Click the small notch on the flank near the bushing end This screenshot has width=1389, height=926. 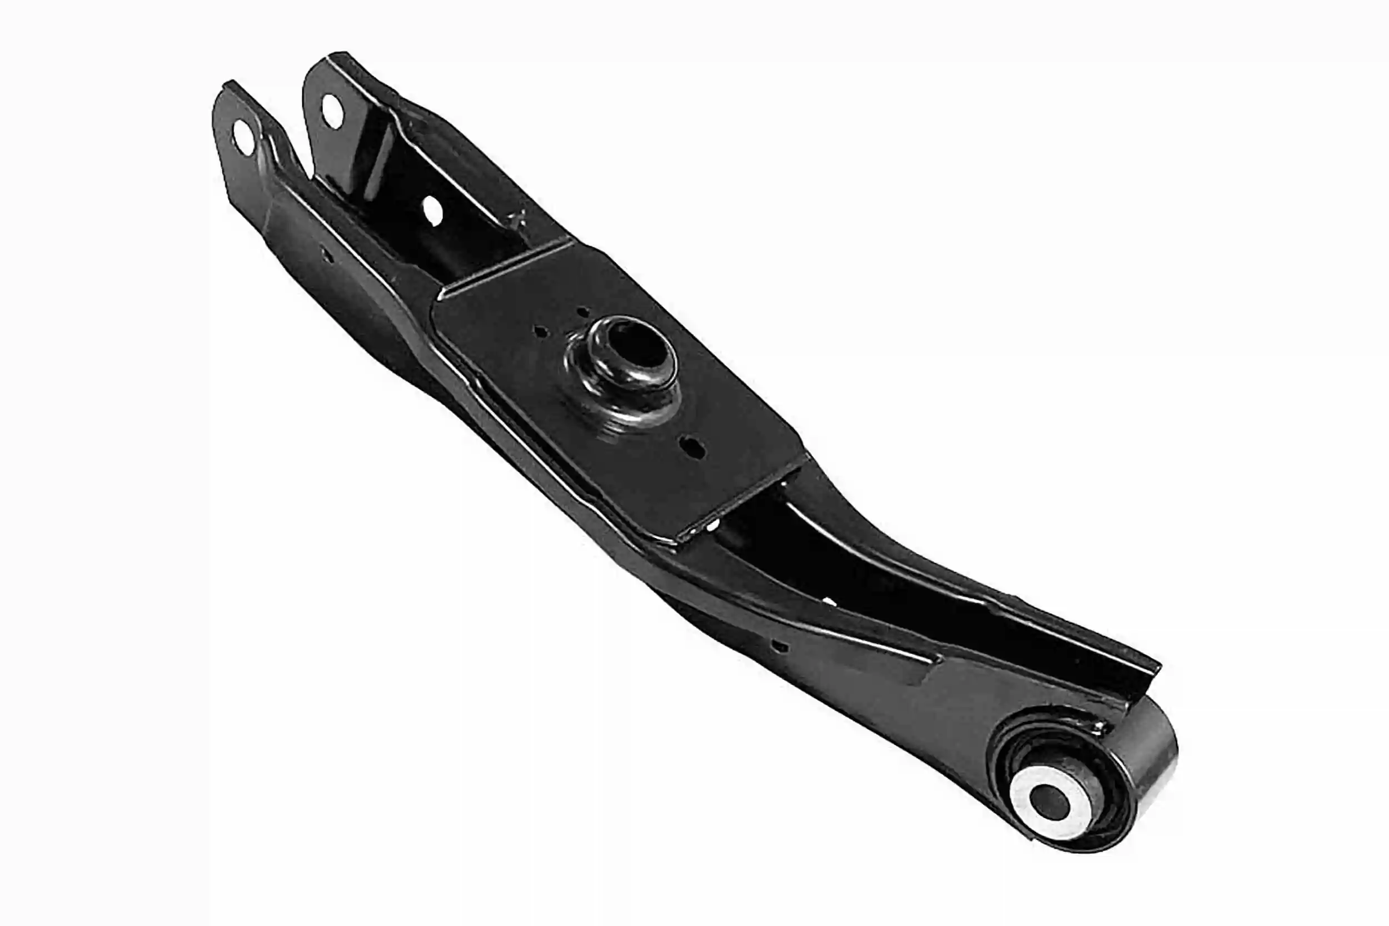[x=781, y=646]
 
